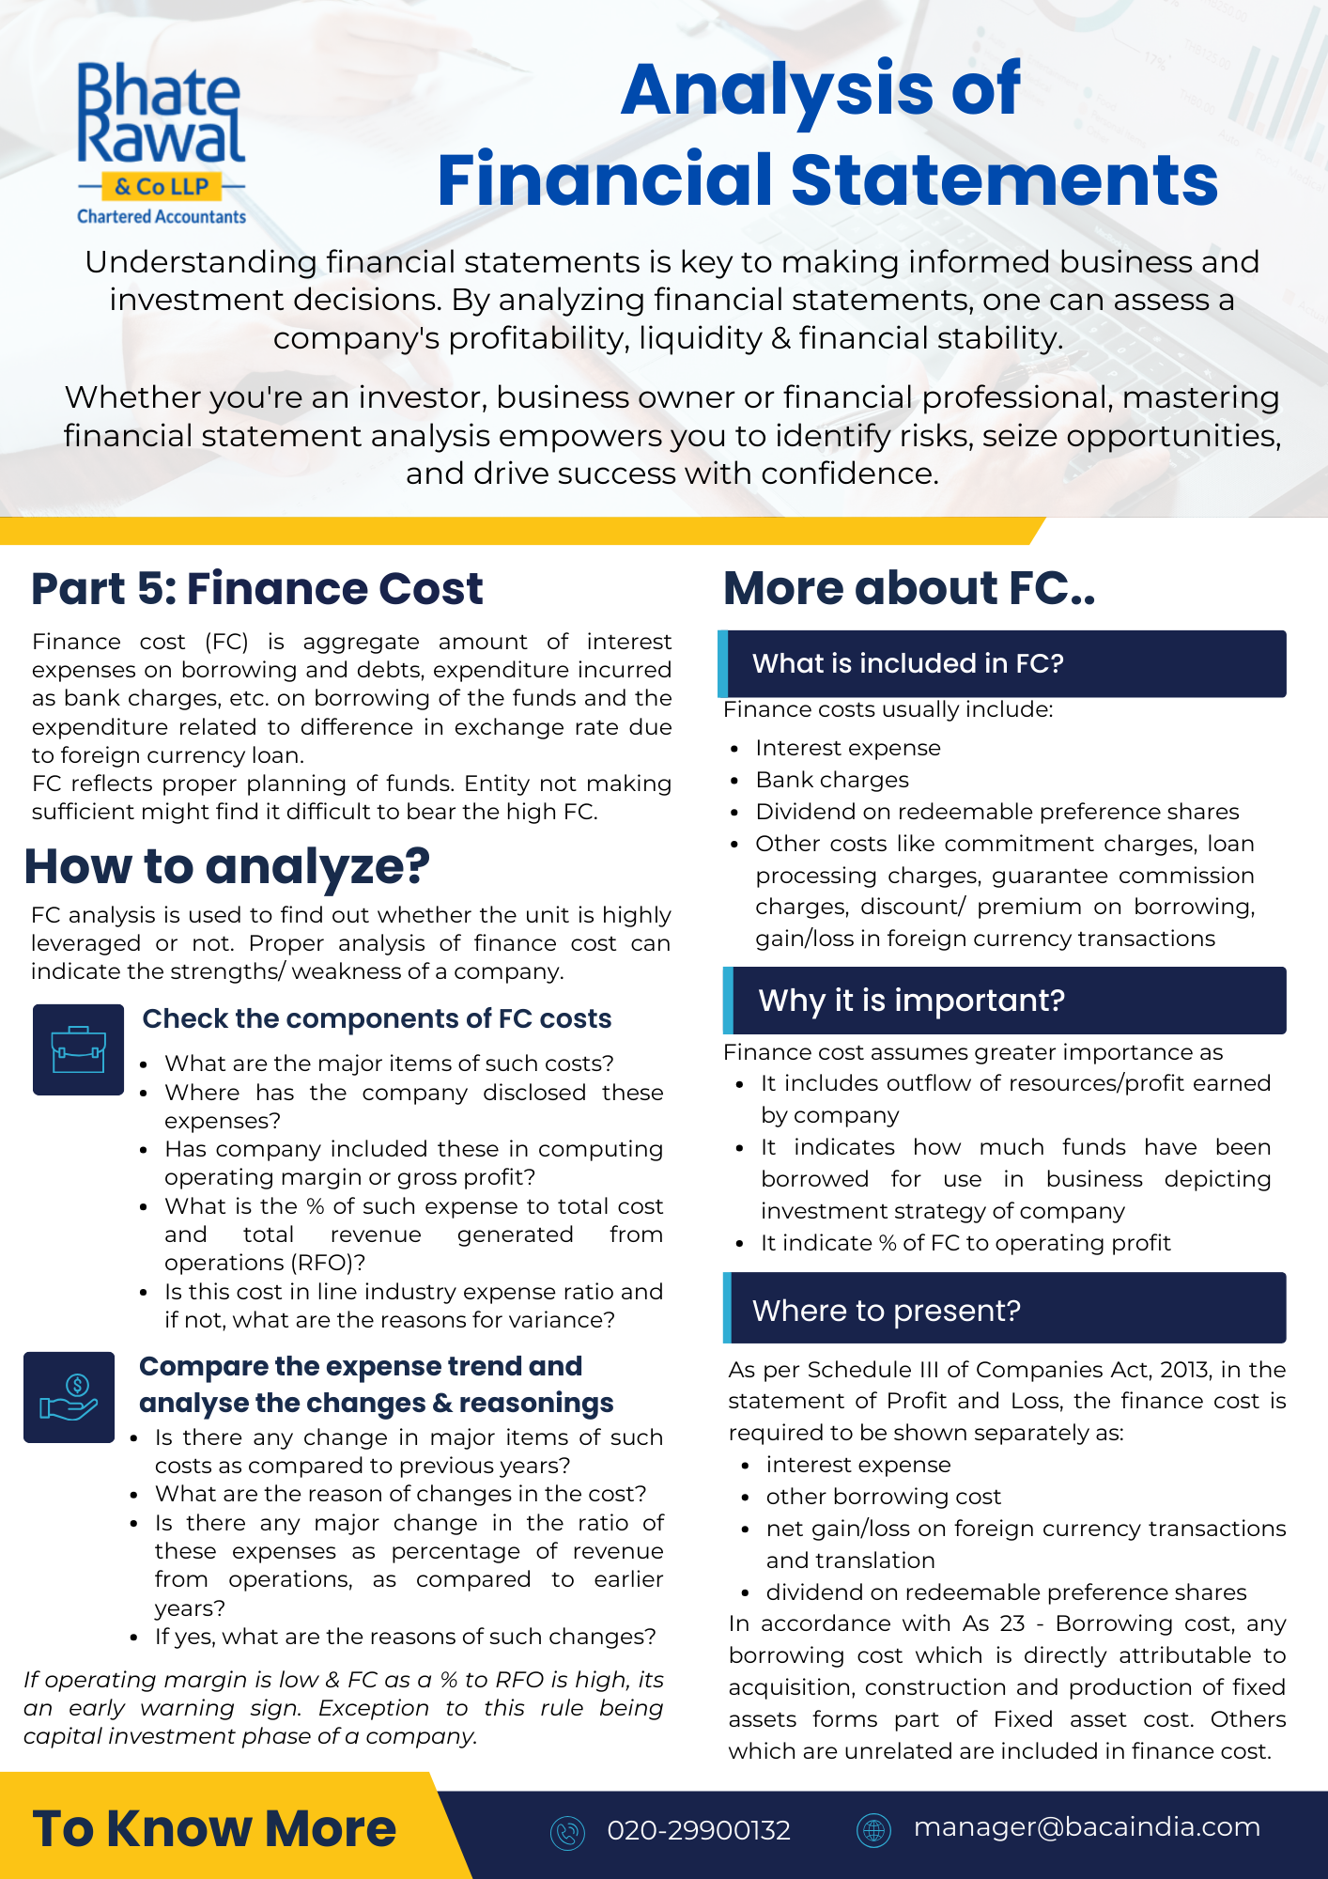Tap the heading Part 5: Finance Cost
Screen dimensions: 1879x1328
pos(256,589)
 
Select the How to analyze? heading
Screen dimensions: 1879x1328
pos(226,866)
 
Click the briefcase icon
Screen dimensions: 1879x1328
pos(78,1049)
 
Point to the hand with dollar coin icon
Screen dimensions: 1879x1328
pos(69,1397)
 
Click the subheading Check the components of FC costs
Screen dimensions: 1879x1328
pos(377,1018)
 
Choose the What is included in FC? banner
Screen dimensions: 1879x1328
pos(1002,663)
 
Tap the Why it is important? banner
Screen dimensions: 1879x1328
pos(1002,1001)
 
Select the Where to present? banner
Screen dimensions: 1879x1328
pos(1002,1310)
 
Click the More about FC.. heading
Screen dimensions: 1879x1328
pos(909,589)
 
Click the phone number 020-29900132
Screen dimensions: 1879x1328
pos(699,1830)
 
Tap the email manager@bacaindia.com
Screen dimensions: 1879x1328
pos(1087,1827)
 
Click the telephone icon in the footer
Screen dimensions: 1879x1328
pos(567,1832)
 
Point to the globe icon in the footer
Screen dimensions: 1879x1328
pos(873,1830)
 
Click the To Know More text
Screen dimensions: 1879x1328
pos(214,1828)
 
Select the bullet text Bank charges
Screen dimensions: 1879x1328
pos(832,780)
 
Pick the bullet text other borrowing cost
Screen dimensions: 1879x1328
pos(883,1497)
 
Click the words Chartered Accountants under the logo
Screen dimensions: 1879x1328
pos(162,217)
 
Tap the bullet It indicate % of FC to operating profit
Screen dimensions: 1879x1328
pos(965,1243)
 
